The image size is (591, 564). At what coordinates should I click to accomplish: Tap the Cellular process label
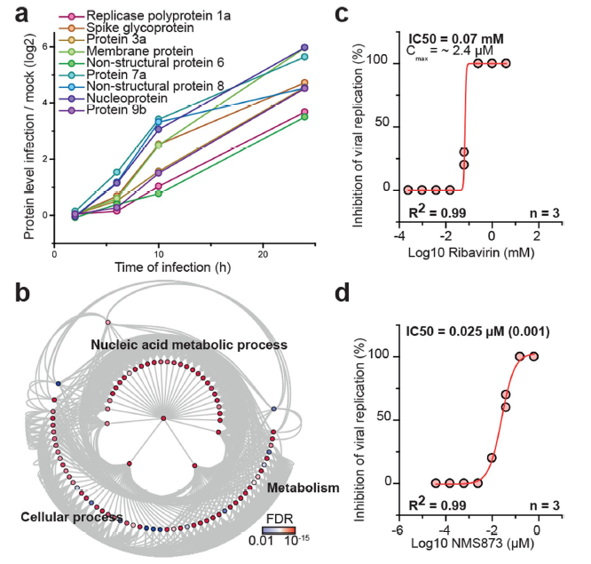pyautogui.click(x=73, y=516)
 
